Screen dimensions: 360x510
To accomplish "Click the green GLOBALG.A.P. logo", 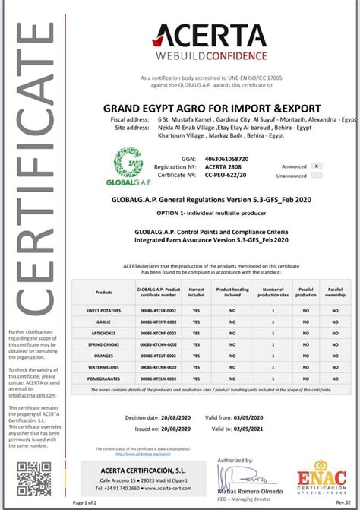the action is pyautogui.click(x=132, y=165).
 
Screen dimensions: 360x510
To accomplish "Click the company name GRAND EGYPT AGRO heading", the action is pyautogui.click(x=212, y=108).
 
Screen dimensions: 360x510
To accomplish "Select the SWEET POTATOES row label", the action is pyautogui.click(x=104, y=311).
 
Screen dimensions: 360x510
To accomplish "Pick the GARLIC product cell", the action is pyautogui.click(x=104, y=322).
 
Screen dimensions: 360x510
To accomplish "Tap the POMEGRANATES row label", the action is pyautogui.click(x=104, y=378).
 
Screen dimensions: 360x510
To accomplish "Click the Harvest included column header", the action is pyautogui.click(x=196, y=293).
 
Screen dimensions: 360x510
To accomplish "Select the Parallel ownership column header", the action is pyautogui.click(x=334, y=293).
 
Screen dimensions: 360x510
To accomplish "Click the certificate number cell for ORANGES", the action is pyautogui.click(x=158, y=356).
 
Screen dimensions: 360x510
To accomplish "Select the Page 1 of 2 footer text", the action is pyautogui.click(x=86, y=502).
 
